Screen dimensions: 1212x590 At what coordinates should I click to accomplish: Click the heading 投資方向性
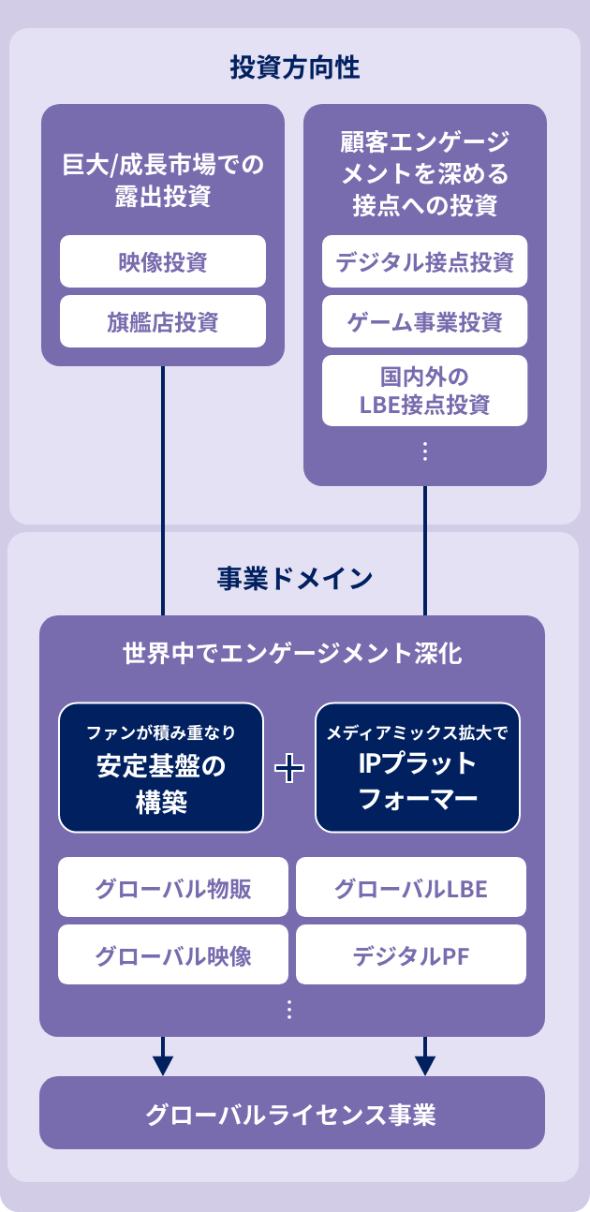click(295, 67)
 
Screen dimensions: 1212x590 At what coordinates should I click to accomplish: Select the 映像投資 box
click(163, 261)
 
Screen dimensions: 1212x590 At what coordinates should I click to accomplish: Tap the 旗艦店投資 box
click(163, 322)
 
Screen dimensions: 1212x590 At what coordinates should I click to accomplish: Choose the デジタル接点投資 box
click(425, 261)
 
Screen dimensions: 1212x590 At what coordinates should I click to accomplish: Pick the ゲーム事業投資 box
click(425, 322)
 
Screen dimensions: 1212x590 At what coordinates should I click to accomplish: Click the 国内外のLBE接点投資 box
click(425, 391)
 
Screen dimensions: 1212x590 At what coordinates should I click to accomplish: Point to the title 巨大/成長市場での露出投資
click(163, 181)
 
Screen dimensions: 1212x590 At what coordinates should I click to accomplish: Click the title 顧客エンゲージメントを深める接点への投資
click(425, 174)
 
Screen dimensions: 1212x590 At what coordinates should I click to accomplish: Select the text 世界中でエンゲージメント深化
click(292, 653)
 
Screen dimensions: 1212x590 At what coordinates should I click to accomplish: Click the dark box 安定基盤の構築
click(161, 767)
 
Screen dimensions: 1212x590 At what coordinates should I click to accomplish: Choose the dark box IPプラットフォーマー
click(418, 767)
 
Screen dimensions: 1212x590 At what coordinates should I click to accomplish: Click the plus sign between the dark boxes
click(289, 769)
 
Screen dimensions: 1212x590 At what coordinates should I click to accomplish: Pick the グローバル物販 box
click(173, 887)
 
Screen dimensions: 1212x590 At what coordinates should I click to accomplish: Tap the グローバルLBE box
click(411, 887)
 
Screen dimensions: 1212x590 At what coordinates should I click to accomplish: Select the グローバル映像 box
click(173, 954)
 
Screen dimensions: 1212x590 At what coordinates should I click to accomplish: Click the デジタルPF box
click(411, 954)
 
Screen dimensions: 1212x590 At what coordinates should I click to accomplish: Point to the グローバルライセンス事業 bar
click(292, 1113)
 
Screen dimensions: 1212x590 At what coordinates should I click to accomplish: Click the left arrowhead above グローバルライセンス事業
click(163, 1065)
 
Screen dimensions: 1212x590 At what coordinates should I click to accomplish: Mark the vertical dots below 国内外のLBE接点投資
click(425, 451)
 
